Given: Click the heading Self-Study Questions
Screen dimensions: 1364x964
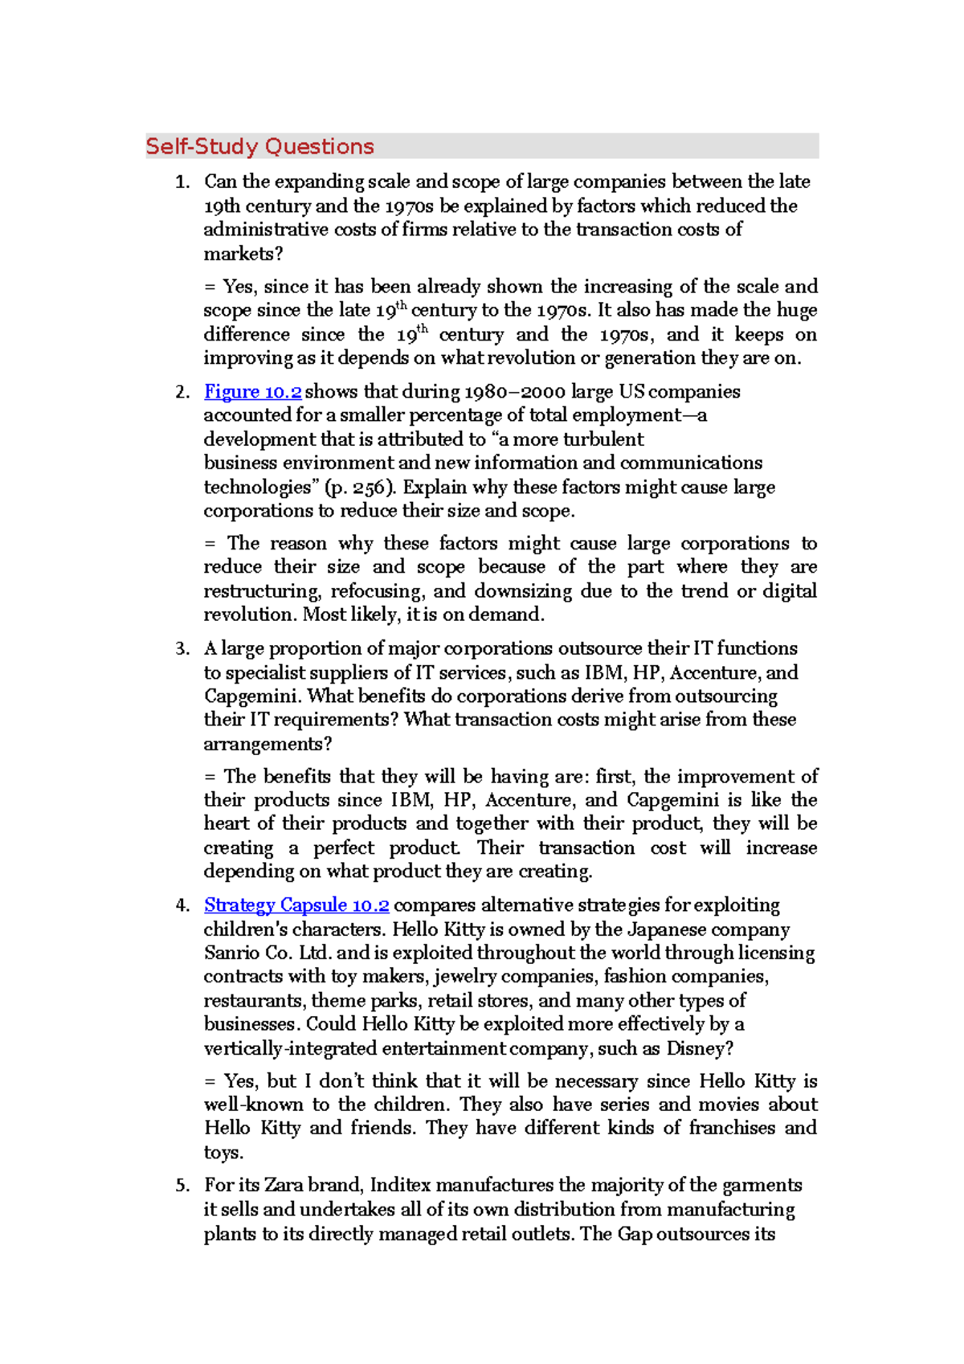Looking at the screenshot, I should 259,147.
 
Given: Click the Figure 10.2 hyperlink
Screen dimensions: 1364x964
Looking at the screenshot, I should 252,392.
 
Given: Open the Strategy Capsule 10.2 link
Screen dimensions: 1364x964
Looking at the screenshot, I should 296,905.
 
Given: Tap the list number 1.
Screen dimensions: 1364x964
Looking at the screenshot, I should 182,182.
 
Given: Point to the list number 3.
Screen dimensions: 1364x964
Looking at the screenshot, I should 182,649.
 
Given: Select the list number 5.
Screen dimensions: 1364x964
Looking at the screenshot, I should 182,1186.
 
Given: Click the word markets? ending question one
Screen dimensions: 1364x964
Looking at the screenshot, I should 243,254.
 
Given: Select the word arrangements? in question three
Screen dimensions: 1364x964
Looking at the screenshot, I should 268,744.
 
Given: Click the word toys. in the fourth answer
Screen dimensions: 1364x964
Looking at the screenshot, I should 223,1153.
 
